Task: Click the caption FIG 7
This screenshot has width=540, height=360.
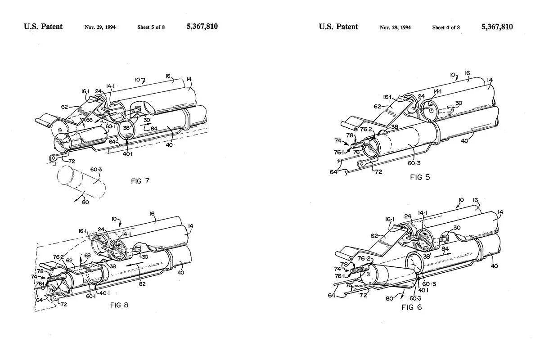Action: [x=139, y=181]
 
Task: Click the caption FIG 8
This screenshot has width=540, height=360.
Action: [x=119, y=305]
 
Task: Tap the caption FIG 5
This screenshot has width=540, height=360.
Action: [x=420, y=177]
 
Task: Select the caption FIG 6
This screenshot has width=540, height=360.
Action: [x=412, y=307]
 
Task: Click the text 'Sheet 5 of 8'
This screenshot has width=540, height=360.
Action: [x=151, y=27]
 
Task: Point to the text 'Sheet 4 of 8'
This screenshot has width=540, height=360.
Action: [x=446, y=27]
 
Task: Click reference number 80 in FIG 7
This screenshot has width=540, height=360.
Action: [x=85, y=202]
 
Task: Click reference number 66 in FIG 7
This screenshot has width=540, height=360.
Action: [x=90, y=120]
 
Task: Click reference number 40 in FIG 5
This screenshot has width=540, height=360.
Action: [x=464, y=141]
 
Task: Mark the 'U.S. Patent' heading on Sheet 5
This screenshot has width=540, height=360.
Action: [x=43, y=27]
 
